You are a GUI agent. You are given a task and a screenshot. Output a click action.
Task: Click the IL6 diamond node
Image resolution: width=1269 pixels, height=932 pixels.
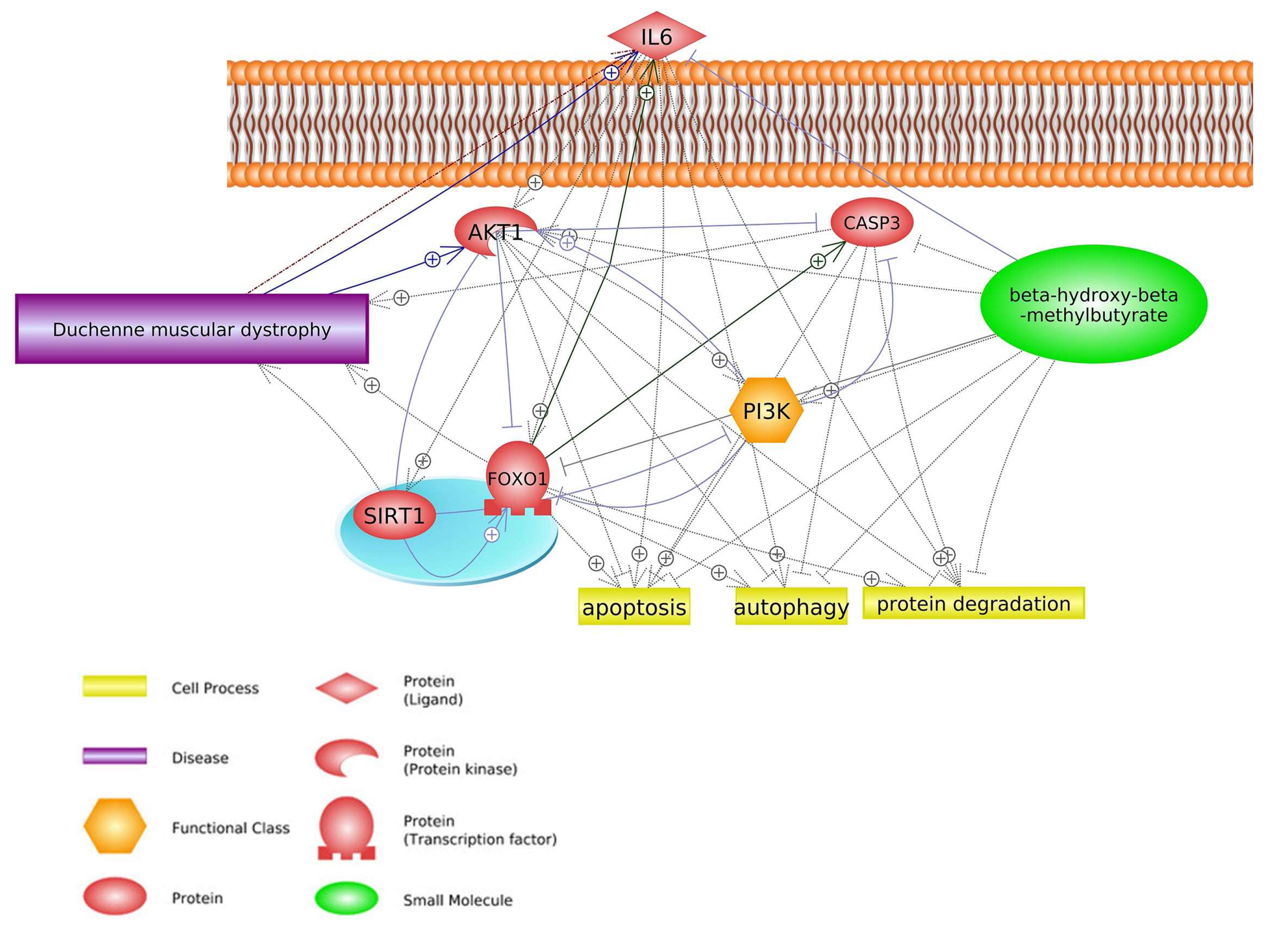[656, 37]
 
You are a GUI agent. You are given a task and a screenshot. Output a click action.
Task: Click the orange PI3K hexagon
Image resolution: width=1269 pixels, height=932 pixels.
[766, 411]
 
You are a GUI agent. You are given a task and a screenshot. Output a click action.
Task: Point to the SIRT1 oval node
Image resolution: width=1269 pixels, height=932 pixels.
[394, 515]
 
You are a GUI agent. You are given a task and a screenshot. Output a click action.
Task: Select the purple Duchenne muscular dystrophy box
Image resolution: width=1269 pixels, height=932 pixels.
[192, 329]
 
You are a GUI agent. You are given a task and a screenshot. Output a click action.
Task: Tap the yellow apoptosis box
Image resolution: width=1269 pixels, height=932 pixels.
[634, 607]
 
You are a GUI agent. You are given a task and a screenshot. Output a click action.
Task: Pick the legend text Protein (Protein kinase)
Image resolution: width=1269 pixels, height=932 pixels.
[460, 760]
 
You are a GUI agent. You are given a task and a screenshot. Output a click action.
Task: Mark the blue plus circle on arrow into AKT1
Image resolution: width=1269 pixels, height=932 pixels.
[432, 259]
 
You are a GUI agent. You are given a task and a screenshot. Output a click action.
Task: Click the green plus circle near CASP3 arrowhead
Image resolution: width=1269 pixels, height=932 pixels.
[817, 260]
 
